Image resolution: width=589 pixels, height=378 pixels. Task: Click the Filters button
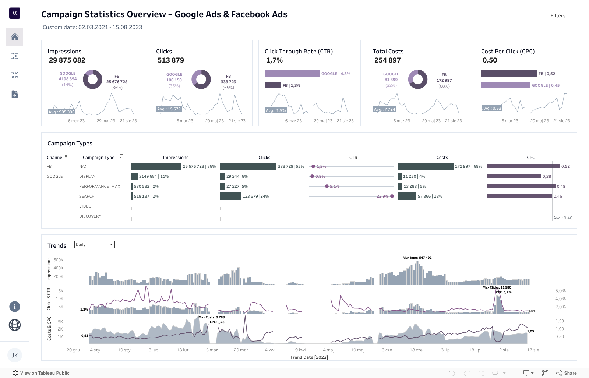point(558,15)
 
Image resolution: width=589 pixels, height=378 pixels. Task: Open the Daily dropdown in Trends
point(95,244)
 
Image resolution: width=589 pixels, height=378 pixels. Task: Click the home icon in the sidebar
point(15,37)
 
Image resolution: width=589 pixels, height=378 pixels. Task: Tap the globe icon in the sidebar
point(15,325)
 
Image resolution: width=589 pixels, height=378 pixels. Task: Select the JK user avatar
point(15,355)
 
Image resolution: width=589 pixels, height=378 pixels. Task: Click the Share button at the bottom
point(567,373)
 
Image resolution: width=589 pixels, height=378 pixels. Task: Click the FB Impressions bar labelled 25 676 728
point(156,166)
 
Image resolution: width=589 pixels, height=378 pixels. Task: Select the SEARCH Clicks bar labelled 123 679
point(230,196)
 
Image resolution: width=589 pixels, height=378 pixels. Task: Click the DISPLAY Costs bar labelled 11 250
point(400,176)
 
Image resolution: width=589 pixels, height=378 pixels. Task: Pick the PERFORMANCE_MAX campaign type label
point(99,186)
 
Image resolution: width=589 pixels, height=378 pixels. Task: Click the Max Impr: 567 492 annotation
point(417,258)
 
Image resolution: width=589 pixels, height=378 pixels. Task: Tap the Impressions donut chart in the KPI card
point(92,79)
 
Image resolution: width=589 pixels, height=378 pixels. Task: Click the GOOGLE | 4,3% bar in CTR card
point(292,74)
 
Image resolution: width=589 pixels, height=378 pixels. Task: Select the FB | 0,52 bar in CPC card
point(509,74)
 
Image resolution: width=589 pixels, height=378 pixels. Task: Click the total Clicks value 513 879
point(171,60)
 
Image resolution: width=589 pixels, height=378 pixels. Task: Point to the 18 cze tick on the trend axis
point(416,350)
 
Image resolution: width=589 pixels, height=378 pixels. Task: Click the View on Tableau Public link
point(45,373)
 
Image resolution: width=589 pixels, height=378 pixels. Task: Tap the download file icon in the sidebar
point(15,94)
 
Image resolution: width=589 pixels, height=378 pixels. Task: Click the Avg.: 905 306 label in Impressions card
point(61,112)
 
